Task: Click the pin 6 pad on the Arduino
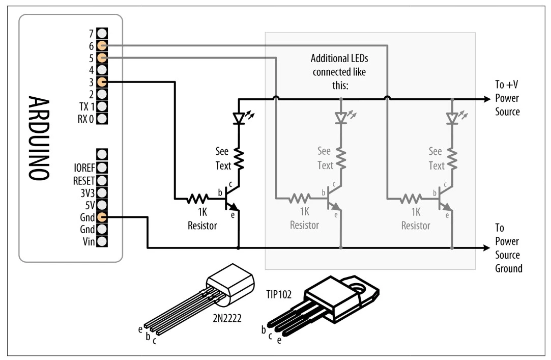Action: pos(102,45)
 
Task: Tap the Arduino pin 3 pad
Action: pos(102,82)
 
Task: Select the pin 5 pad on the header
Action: pos(102,58)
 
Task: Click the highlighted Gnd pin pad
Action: pos(102,217)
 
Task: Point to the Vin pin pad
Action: pos(102,241)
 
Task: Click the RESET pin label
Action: pos(83,181)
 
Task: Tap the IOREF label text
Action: pos(84,168)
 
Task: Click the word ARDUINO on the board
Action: pos(38,138)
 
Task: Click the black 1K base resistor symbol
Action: pos(197,199)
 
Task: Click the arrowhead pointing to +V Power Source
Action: pos(487,99)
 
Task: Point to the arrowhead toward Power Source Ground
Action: pos(487,248)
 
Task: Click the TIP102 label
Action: pos(279,294)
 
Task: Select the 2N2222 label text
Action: pos(227,318)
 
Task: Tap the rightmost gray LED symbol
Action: pos(452,118)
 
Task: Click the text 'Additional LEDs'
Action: pos(339,59)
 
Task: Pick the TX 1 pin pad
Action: pos(102,106)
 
